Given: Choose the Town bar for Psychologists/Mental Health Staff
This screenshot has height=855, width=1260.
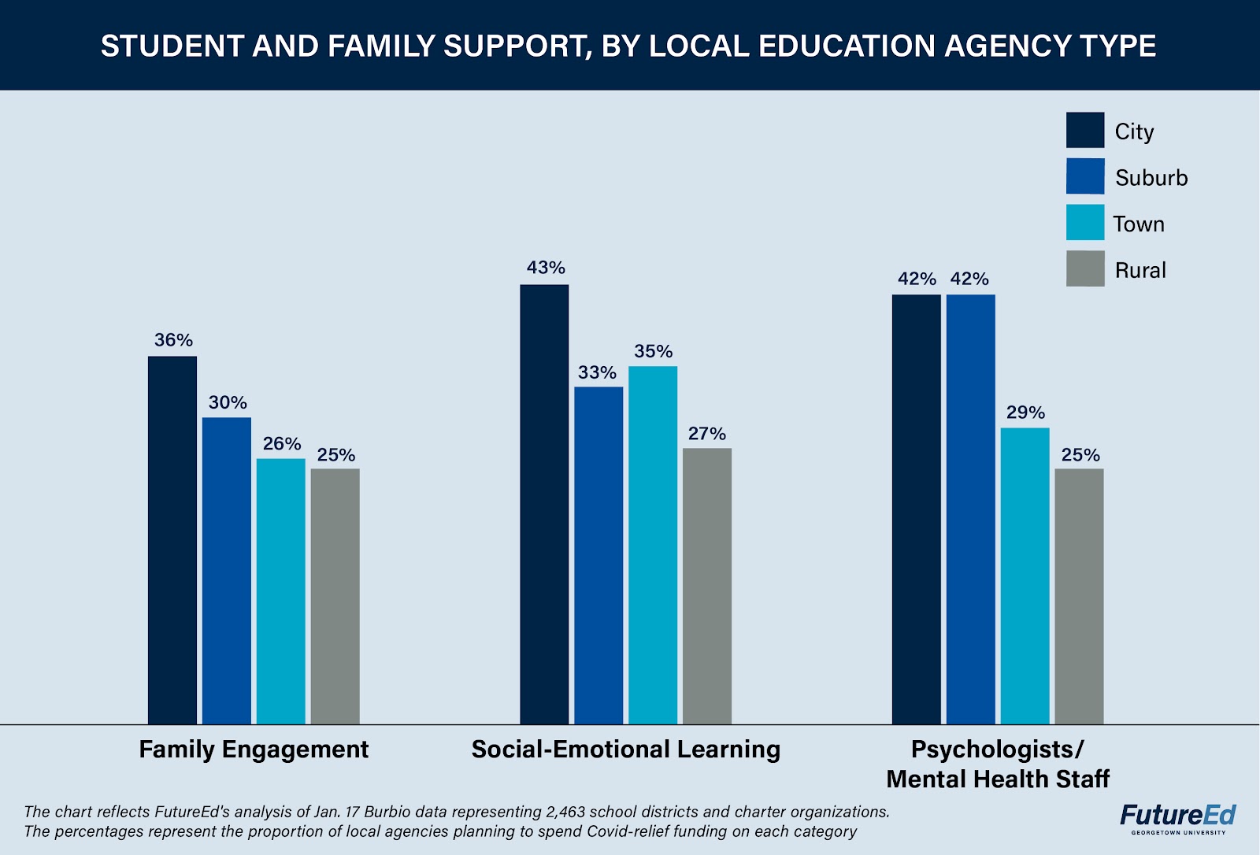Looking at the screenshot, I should (1025, 576).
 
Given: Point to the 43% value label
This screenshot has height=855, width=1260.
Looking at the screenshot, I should (546, 268).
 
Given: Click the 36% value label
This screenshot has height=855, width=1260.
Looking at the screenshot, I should (173, 340).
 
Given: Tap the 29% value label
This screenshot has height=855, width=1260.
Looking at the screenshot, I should (1025, 413).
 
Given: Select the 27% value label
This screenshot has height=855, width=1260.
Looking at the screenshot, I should (707, 434).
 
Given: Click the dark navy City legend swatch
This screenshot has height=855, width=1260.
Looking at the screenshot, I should (1085, 130).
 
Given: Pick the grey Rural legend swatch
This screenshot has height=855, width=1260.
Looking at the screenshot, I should (1085, 269).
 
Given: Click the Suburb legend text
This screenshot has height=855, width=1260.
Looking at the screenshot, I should (1151, 178).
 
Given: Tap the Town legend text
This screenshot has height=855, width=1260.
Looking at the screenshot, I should (1139, 224).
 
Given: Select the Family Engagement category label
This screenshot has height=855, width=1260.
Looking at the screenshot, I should (254, 749).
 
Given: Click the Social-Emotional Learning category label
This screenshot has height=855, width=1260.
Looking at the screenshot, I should (626, 749).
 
